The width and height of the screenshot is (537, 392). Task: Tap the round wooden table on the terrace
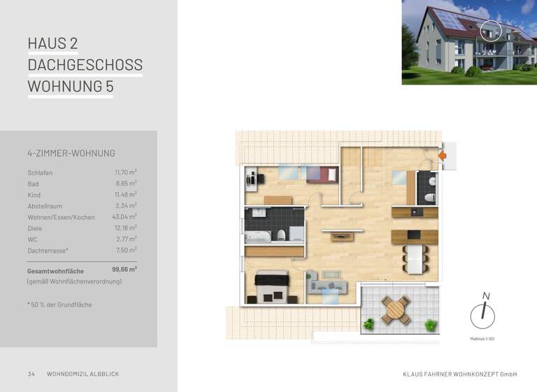pos(394,309)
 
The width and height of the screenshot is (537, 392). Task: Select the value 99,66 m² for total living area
pos(124,269)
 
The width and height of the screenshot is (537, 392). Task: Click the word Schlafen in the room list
pos(40,173)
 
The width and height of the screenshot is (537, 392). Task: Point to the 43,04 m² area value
pos(125,217)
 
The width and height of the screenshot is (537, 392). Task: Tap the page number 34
pos(31,374)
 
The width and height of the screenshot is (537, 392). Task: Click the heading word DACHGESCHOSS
pos(85,65)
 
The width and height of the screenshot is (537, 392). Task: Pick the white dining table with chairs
pos(415,259)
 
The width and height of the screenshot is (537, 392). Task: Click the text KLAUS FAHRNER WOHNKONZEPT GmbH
pos(459,374)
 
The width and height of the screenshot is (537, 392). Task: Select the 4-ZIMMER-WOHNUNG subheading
pos(71,153)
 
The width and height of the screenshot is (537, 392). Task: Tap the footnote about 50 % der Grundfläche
pos(59,304)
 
